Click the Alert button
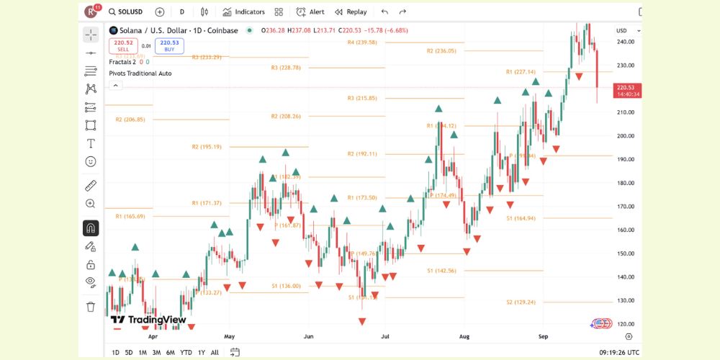tap(310, 12)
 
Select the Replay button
tap(351, 12)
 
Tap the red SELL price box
tap(123, 46)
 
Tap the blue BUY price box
tap(168, 46)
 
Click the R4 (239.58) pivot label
tap(362, 42)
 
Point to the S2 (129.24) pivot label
tap(521, 302)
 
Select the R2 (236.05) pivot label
tap(441, 51)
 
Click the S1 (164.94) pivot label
tap(521, 218)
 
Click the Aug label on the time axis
tap(464, 336)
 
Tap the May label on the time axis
tap(230, 336)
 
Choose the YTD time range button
tap(186, 352)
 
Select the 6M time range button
tap(170, 352)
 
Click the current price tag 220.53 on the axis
tap(626, 87)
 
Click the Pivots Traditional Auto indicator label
tap(140, 73)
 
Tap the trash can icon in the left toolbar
tap(91, 307)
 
